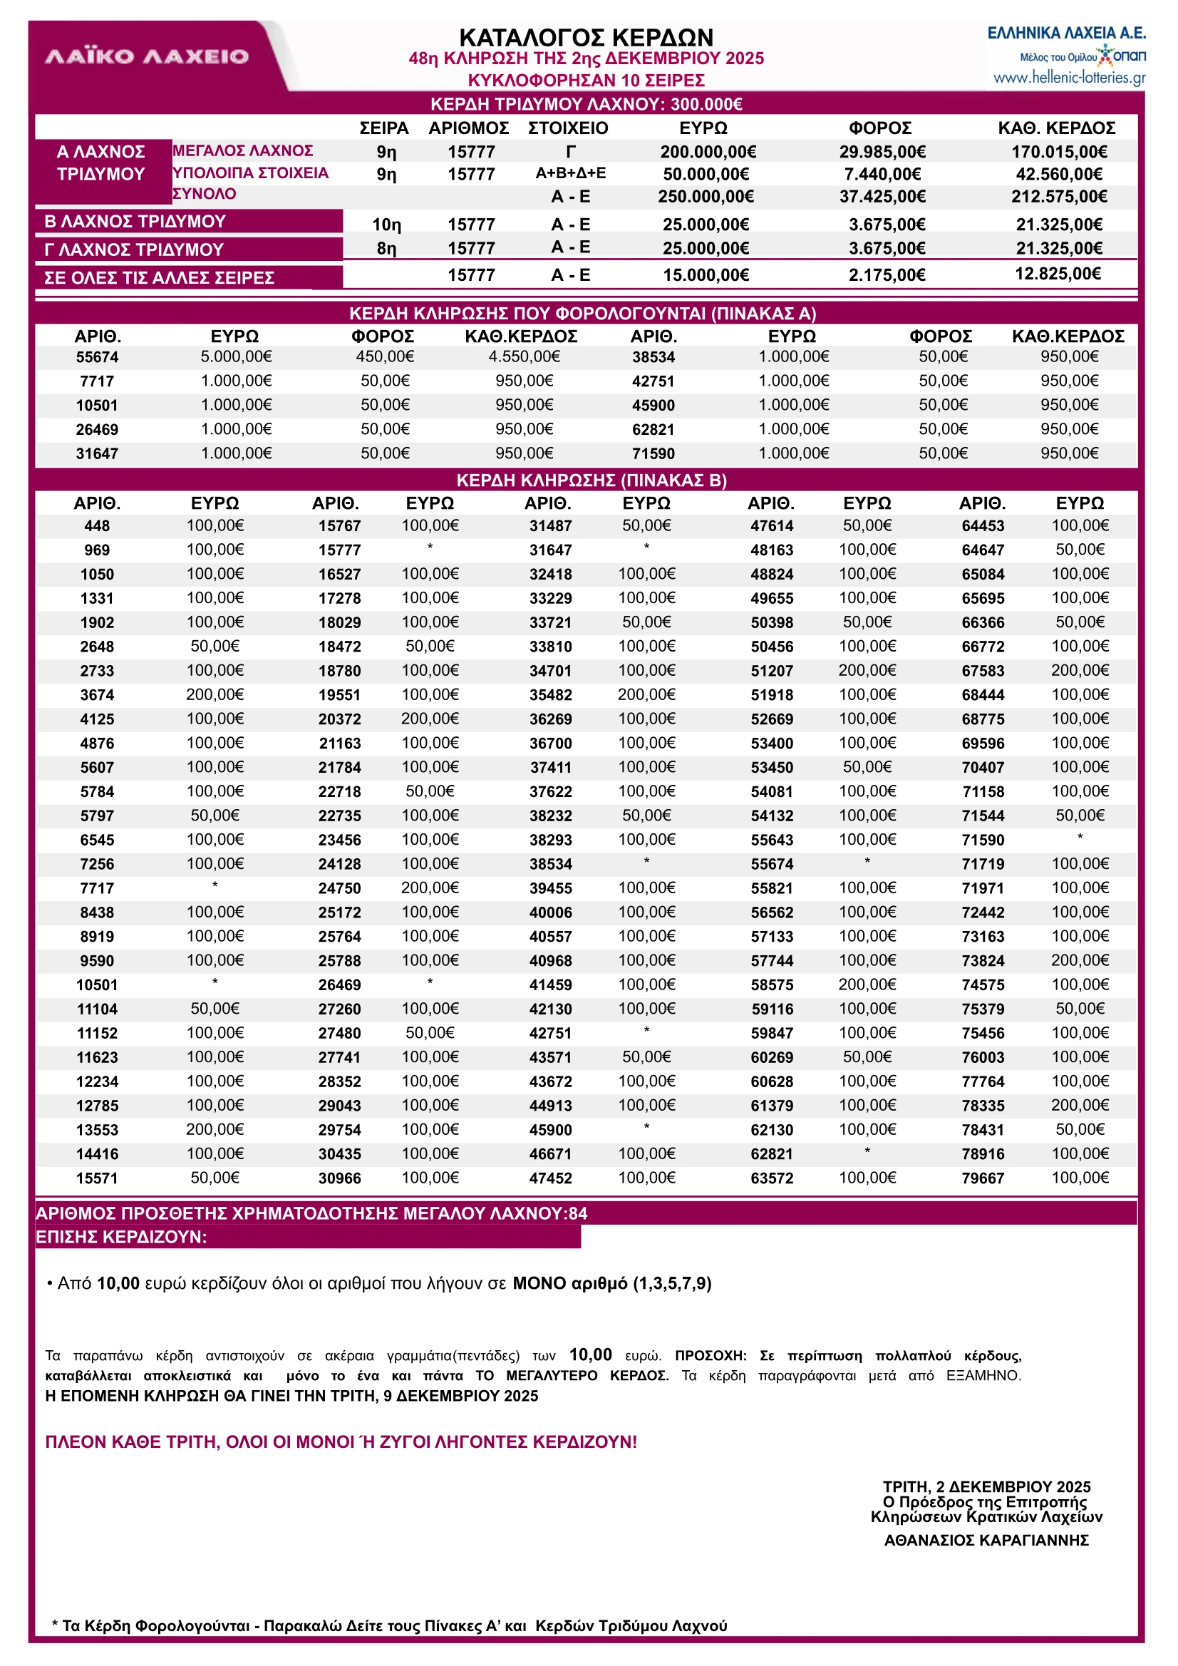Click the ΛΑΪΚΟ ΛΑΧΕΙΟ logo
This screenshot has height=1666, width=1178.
click(147, 56)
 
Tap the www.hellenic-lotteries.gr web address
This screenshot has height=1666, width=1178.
click(1068, 78)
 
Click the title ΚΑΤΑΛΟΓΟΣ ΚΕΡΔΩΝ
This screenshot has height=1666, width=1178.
click(586, 37)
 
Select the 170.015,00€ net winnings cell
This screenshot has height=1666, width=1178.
click(1058, 152)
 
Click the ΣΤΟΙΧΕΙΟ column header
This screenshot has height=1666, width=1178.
click(568, 128)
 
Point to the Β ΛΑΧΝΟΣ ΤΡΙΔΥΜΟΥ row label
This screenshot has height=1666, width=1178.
click(135, 221)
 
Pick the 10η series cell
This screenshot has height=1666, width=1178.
click(386, 225)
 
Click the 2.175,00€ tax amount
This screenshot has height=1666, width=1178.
click(887, 275)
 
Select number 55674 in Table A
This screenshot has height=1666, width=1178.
click(97, 357)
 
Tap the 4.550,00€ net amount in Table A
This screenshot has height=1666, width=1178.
click(524, 356)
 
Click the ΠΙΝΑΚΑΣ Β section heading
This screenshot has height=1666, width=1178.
click(591, 480)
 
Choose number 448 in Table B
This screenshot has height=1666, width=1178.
click(97, 526)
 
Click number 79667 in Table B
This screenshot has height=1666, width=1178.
click(982, 1178)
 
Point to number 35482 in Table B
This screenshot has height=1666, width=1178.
click(550, 695)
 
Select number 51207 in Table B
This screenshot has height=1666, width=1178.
click(771, 672)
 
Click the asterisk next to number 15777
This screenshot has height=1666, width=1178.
click(430, 547)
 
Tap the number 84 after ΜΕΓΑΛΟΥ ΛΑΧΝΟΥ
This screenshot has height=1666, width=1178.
click(577, 1213)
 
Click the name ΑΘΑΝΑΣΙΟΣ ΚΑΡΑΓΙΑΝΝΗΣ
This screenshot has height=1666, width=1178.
click(986, 1540)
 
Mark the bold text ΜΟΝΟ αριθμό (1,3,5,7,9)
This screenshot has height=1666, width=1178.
click(611, 1284)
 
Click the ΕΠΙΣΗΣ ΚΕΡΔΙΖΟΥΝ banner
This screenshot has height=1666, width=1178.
click(122, 1237)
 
